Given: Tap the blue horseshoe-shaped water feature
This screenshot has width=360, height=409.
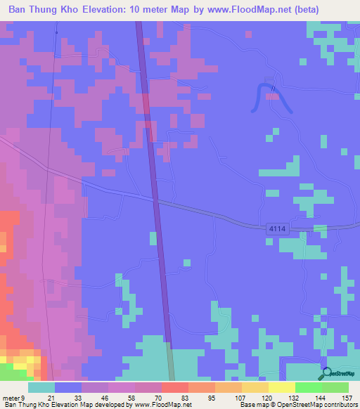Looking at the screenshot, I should click(270, 96).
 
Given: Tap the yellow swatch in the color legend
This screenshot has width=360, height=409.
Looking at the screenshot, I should click(281, 387).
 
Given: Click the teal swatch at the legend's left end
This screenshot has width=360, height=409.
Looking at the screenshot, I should click(41, 387).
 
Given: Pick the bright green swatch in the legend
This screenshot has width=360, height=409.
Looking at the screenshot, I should click(308, 387).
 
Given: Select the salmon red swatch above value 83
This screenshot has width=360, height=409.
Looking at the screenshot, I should click(174, 387).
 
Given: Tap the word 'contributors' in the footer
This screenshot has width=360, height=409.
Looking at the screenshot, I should click(337, 405).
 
